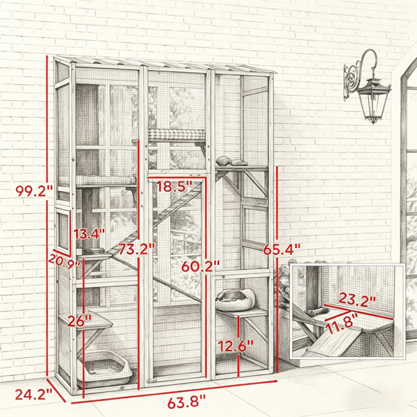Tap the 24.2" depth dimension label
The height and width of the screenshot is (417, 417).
33,394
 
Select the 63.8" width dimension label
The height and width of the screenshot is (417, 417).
186,402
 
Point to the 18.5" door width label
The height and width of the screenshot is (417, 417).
174,186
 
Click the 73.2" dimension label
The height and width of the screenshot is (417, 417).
136,250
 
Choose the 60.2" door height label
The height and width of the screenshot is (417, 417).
201,266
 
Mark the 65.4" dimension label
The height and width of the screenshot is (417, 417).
281,250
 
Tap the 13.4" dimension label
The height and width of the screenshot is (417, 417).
89,234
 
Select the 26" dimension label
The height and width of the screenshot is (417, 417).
79,322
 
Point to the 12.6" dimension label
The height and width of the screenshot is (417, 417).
236,346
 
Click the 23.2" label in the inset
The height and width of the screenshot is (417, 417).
357,301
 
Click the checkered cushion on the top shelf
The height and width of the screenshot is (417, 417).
177,135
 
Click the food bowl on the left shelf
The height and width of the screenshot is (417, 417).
93,252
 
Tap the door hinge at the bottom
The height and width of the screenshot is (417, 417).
151,381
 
